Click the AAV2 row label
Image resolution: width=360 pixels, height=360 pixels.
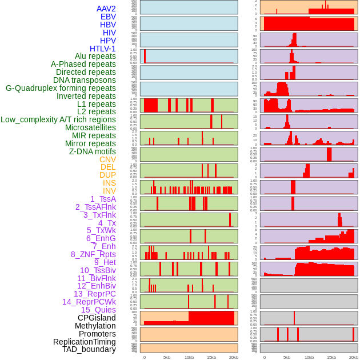click(x=106, y=9)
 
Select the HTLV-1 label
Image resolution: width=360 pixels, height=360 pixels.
click(x=103, y=49)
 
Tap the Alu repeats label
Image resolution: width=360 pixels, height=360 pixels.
click(x=95, y=56)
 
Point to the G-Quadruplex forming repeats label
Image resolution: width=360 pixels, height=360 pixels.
click(x=61, y=88)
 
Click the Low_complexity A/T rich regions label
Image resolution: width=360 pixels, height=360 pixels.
click(x=58, y=119)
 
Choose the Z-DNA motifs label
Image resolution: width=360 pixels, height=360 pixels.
click(x=93, y=151)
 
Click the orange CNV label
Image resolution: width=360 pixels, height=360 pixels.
click(x=107, y=159)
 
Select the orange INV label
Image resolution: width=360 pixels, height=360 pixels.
click(x=109, y=191)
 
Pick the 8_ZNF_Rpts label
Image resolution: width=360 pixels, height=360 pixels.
click(x=93, y=254)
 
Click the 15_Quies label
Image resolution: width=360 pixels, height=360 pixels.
click(x=98, y=310)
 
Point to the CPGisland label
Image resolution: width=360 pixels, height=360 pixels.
click(x=97, y=318)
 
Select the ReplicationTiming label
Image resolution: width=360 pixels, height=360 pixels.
click(x=84, y=342)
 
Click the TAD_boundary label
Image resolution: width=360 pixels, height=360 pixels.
click(x=89, y=349)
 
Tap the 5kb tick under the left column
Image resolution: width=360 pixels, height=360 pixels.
click(x=167, y=357)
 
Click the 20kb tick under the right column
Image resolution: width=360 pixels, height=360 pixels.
click(x=353, y=357)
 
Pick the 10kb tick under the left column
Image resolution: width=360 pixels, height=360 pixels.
click(x=189, y=357)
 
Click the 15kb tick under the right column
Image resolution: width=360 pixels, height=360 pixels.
click(x=331, y=357)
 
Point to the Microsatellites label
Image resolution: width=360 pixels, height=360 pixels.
click(x=90, y=127)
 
